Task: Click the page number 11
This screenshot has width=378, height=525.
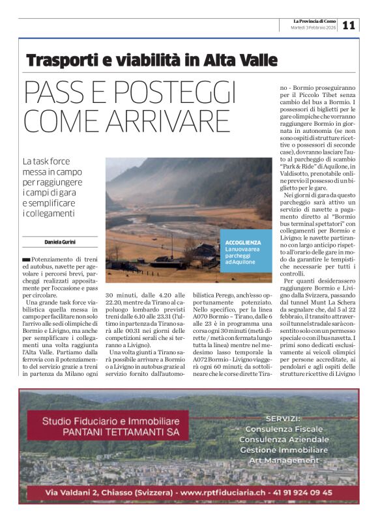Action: (x=349, y=25)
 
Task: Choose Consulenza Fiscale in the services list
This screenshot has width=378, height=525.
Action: (x=283, y=429)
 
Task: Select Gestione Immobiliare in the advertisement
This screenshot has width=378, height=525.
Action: (x=283, y=450)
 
